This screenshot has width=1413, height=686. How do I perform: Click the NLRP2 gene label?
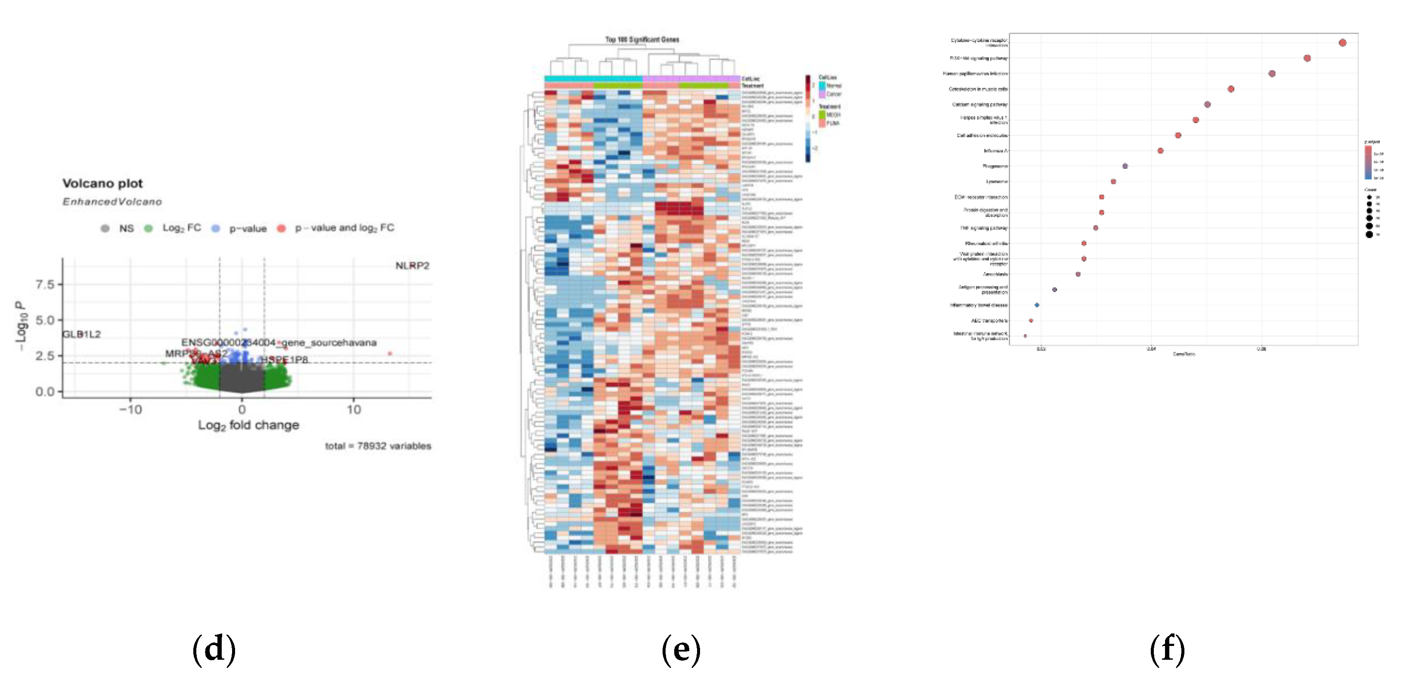point(412,266)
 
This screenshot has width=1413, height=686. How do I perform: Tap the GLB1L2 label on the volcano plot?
point(81,334)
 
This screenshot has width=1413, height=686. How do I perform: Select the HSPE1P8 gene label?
point(284,360)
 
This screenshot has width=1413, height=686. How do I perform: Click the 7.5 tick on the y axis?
point(45,284)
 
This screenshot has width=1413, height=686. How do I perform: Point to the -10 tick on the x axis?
point(130,410)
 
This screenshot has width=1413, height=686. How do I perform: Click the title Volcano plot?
point(102,183)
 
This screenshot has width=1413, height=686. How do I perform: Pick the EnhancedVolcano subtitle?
point(112,202)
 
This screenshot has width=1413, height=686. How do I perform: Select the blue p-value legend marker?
point(216,228)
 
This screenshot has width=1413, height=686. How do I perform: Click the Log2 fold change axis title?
point(248,425)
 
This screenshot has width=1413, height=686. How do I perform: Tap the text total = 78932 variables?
point(378,446)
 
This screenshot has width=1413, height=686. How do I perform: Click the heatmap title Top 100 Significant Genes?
point(642,40)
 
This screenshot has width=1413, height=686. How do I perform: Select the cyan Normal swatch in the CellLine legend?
point(822,86)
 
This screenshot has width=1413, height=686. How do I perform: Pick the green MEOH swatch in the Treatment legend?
point(822,115)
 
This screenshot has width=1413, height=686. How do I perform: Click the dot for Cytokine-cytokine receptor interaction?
point(1342,43)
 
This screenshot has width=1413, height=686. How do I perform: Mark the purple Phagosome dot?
point(1125,166)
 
